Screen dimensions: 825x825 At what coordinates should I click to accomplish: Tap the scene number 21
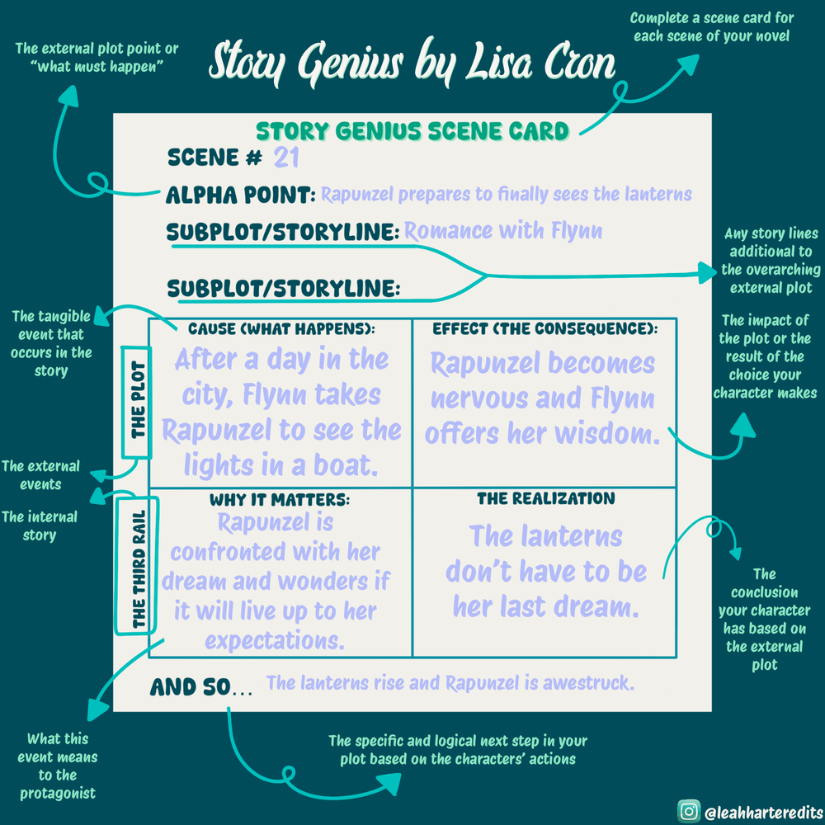tap(287, 158)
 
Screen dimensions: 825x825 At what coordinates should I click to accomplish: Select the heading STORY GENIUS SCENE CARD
tap(412, 130)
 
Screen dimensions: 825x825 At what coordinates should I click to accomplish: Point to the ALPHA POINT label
tap(240, 196)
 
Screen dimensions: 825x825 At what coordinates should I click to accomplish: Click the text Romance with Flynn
tap(503, 231)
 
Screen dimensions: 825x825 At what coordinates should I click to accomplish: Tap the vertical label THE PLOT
tap(138, 399)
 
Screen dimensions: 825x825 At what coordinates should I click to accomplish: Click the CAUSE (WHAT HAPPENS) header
tap(281, 329)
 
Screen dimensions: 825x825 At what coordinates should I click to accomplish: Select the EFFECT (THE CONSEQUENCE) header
tap(544, 329)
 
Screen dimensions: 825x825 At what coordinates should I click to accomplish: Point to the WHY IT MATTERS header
tap(280, 499)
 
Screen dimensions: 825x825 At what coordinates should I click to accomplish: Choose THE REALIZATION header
tap(545, 498)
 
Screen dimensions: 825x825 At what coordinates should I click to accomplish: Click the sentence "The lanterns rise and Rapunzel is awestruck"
tap(450, 683)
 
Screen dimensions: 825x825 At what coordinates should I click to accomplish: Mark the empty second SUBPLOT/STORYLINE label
tap(283, 289)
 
